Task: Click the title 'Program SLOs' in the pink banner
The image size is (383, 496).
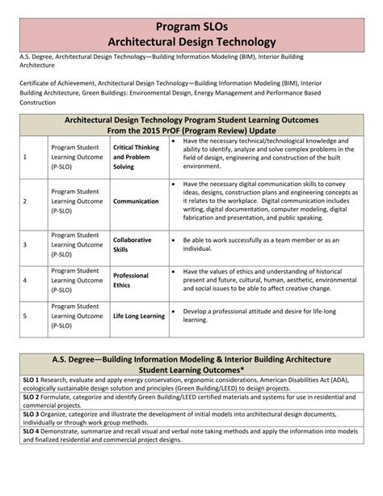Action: [191, 24]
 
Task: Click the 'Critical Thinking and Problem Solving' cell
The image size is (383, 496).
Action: [137, 156]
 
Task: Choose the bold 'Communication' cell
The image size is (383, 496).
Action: [136, 201]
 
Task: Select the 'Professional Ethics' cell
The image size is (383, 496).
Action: [131, 280]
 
